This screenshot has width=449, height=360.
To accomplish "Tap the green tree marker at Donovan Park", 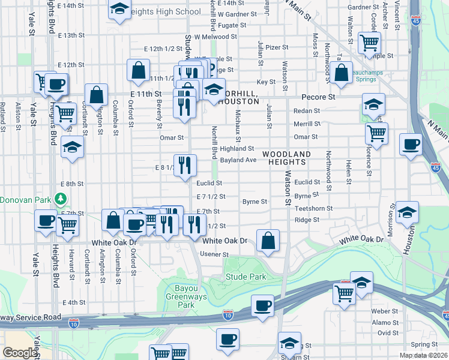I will point(59,198).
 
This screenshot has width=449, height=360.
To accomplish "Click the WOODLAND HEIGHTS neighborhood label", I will point(287,158).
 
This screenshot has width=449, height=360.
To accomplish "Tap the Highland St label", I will point(237,148).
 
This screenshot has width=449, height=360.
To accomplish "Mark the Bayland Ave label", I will point(238,160).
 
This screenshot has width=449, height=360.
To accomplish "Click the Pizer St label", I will point(277,47).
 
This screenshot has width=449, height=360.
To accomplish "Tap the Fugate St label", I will point(232,26).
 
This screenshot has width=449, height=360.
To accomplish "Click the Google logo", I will point(19,353).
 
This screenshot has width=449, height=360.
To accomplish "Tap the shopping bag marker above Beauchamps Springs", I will point(341,73).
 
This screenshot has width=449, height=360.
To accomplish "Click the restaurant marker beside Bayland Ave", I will point(185,163).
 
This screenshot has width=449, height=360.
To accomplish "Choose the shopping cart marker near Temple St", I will point(369,42).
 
